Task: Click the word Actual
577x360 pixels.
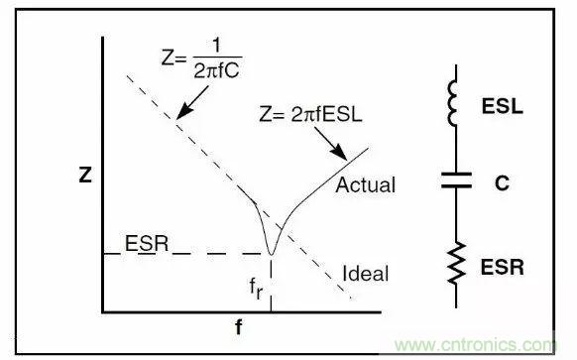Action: point(365,185)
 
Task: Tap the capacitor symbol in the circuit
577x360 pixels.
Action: point(455,182)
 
